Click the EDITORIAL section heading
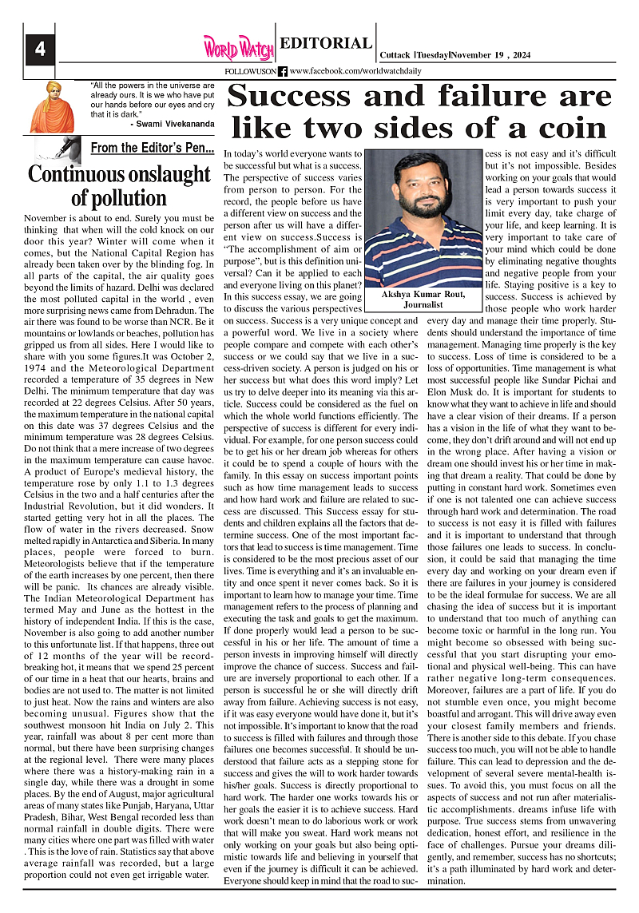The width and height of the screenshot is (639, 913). pyautogui.click(x=326, y=44)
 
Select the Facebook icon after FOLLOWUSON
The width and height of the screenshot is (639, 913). pyautogui.click(x=283, y=71)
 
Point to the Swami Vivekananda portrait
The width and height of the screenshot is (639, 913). pyautogui.click(x=52, y=107)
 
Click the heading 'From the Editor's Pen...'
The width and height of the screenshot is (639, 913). pyautogui.click(x=152, y=148)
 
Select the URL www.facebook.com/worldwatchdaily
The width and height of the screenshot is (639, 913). pyautogui.click(x=355, y=71)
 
